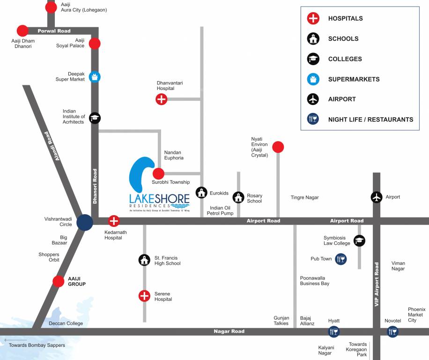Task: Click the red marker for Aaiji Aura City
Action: point(51,7)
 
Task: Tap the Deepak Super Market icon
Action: point(95,76)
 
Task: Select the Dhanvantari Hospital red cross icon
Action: point(161,99)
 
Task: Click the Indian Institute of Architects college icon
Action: point(95,118)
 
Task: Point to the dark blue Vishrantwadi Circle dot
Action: point(85,222)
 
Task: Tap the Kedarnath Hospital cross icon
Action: point(114,221)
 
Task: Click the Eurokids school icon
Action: point(201,192)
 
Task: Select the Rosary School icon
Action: point(239,197)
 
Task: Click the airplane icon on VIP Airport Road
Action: point(377,197)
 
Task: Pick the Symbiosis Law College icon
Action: point(359,240)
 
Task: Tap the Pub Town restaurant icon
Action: point(341,259)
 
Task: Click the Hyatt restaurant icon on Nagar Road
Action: point(334,332)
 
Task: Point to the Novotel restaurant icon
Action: point(392,332)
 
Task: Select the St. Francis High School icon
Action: point(144,260)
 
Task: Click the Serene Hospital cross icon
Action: point(144,296)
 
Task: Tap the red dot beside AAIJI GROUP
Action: point(59,281)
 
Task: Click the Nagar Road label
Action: point(229,331)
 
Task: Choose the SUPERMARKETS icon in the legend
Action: point(313,79)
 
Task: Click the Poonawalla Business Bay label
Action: point(315,281)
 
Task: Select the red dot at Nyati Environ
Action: point(278,147)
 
